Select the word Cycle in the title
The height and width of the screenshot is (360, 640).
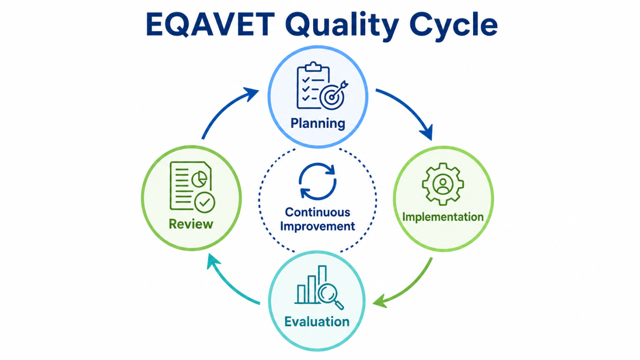[x=453, y=26]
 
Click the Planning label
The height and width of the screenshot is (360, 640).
[x=318, y=124]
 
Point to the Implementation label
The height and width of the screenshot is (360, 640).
[x=443, y=217]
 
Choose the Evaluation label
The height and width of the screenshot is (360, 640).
[x=317, y=321]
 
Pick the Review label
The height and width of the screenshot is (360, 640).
[x=191, y=224]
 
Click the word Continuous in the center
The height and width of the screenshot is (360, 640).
[x=317, y=212]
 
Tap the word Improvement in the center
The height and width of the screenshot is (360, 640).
[x=317, y=226]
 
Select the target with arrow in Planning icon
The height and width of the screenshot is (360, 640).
[x=333, y=95]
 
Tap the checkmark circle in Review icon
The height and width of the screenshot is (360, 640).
[x=205, y=203]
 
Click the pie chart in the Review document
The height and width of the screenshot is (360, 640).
[x=200, y=179]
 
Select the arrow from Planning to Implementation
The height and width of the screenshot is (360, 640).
[x=409, y=108]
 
